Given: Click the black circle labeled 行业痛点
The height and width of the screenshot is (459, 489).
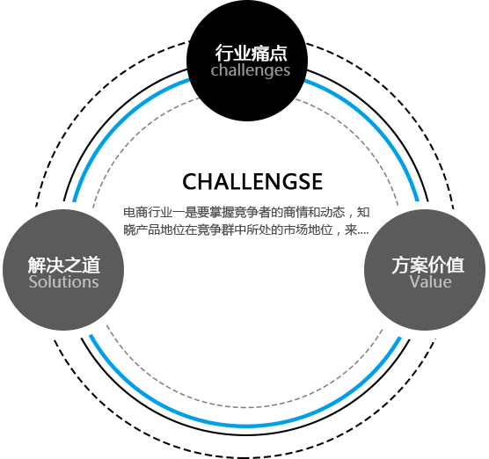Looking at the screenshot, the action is [247, 60].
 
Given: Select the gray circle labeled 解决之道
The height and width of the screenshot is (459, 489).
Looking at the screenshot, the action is [63, 270].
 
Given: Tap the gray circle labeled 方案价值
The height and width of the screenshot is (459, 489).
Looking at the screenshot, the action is [425, 270].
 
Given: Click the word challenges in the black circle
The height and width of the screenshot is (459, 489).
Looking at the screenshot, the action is [251, 70].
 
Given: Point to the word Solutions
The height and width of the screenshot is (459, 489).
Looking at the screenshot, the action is [63, 282].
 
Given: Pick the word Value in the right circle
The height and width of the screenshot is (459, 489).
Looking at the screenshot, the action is [430, 282].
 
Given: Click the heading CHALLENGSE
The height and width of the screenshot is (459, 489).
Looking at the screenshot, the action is [252, 181].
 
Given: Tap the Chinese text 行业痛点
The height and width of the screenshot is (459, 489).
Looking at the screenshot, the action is [251, 53].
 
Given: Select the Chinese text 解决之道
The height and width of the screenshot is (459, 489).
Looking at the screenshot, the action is [64, 265].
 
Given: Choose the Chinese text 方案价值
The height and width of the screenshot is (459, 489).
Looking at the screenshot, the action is [427, 265].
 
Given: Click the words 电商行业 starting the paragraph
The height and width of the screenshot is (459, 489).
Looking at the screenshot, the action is [148, 212].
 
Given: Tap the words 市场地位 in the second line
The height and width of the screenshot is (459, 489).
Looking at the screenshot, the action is [308, 230].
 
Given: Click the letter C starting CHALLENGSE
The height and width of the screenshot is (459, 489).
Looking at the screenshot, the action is [190, 181].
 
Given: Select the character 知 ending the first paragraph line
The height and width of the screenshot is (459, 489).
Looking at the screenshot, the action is [363, 212].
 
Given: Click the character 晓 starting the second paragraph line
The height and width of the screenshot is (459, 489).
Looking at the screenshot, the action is [129, 230].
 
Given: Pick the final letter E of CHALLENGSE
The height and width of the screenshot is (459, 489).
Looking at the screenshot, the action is [317, 181].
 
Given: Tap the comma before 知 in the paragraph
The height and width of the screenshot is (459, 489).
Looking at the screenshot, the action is [350, 215].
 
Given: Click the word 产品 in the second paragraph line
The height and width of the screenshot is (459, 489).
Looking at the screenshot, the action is [148, 230].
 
